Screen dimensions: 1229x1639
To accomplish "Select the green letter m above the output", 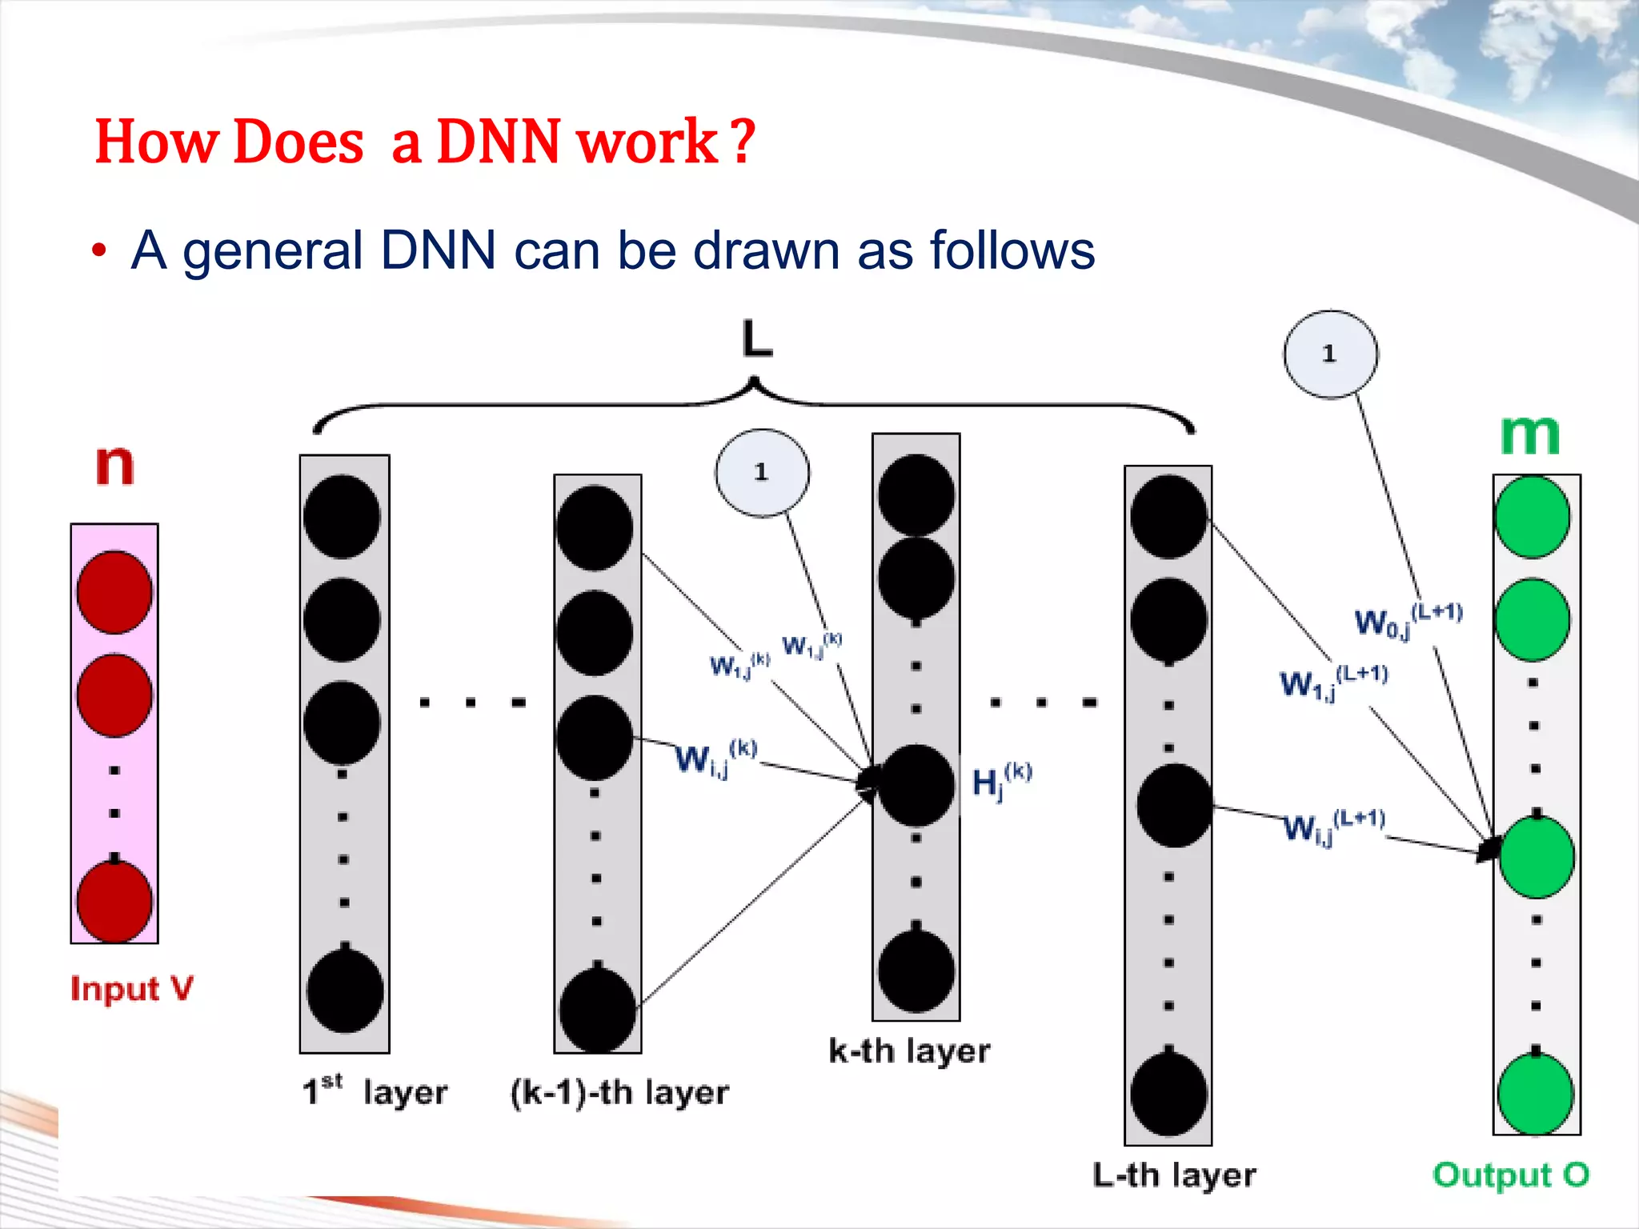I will tap(1530, 435).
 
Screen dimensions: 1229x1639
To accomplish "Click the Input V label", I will tap(132, 989).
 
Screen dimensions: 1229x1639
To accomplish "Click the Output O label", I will tap(1510, 1175).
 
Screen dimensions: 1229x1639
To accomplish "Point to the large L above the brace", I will tap(757, 339).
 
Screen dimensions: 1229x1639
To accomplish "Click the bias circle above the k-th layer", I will tap(762, 473).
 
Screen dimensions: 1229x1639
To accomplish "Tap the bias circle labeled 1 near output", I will tap(1330, 354).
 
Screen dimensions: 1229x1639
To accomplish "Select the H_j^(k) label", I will tap(1001, 781).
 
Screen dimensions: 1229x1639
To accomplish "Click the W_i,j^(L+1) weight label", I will tap(1333, 827).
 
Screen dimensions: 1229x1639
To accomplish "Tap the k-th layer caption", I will tap(909, 1051).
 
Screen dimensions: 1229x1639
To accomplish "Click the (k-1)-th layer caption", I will tap(619, 1093).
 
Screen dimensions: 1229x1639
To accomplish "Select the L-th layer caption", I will tap(1174, 1175).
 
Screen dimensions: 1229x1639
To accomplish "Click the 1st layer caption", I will tap(375, 1091).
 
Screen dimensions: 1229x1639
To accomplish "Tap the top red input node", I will tap(114, 592).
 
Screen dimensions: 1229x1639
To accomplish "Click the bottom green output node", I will tap(1535, 1094).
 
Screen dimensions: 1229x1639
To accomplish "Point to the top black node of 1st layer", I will tap(343, 516).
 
